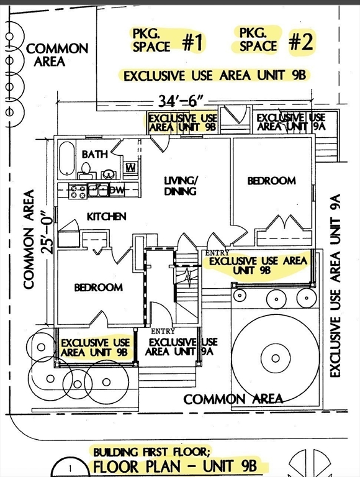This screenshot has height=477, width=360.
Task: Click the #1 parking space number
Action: pos(193,42)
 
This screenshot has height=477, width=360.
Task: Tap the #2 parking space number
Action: pos(300,42)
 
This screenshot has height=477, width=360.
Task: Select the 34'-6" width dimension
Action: pos(180,101)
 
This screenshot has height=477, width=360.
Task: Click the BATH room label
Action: pos(94,154)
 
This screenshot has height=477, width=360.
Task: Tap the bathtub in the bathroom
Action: pos(66,158)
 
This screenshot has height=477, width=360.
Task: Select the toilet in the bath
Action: pos(86,170)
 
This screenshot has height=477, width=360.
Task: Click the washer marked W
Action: pos(131,167)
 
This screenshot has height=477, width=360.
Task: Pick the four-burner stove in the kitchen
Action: pos(78,192)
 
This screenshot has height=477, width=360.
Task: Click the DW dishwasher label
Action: pos(117,191)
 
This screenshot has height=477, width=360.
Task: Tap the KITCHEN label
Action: pos(106,216)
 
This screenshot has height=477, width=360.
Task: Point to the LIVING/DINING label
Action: pos(180,186)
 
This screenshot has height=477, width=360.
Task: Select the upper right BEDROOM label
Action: pos(271,181)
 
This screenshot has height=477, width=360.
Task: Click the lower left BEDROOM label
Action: pos(99,287)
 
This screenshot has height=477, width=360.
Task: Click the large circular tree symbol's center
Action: pos(276,358)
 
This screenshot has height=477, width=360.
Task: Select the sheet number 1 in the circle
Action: pos(70,468)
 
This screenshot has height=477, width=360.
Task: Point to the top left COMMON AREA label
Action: pos(57,55)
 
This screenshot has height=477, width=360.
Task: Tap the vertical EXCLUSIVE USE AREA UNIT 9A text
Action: pos(335,286)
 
